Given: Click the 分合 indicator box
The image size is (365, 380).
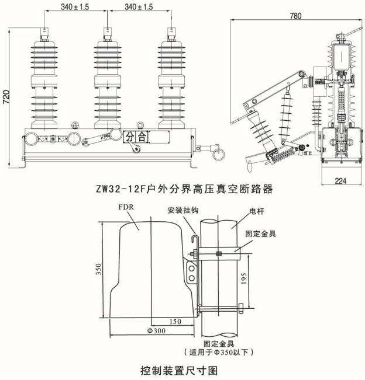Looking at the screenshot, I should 137,137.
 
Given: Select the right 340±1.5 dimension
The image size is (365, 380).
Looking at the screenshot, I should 139,7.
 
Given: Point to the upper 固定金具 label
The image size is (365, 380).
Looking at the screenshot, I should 261,233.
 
